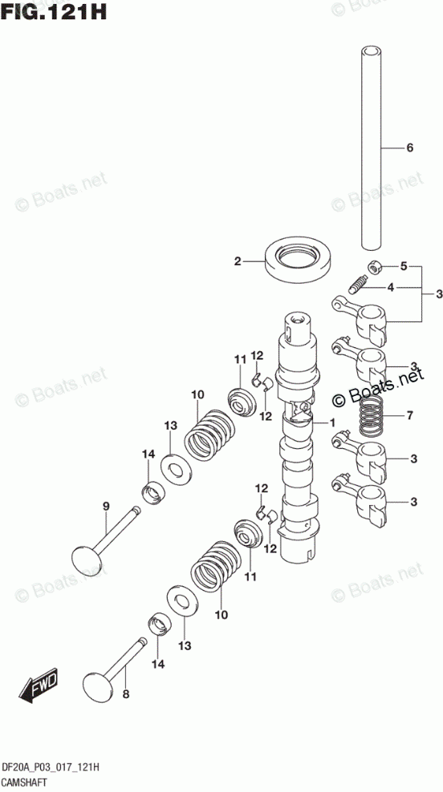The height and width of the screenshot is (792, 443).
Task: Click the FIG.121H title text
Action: coord(54,11)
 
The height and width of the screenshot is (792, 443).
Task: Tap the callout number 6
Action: coord(409,148)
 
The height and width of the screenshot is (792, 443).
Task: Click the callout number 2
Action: coord(238,261)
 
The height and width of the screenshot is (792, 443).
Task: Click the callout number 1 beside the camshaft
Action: coord(332,422)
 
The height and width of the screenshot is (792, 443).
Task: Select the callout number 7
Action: coord(409,416)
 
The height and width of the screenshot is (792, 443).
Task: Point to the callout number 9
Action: coord(106,506)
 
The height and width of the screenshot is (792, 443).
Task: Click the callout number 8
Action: coord(126,695)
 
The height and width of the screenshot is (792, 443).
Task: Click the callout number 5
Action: coord(404,266)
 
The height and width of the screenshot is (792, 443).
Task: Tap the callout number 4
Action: coord(390,288)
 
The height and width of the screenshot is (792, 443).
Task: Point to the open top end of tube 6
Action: coord(372,51)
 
